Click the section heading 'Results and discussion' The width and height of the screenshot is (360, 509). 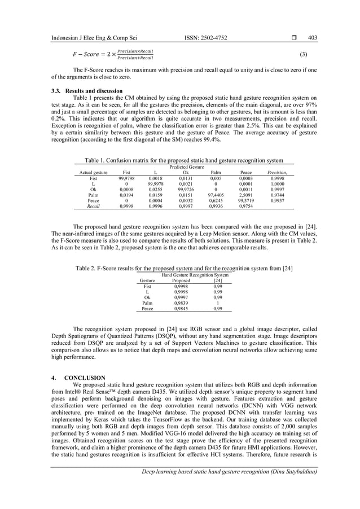(x=94, y=90)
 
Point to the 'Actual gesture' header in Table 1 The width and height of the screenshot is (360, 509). (x=91, y=173)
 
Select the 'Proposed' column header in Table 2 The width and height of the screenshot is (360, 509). (x=181, y=280)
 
